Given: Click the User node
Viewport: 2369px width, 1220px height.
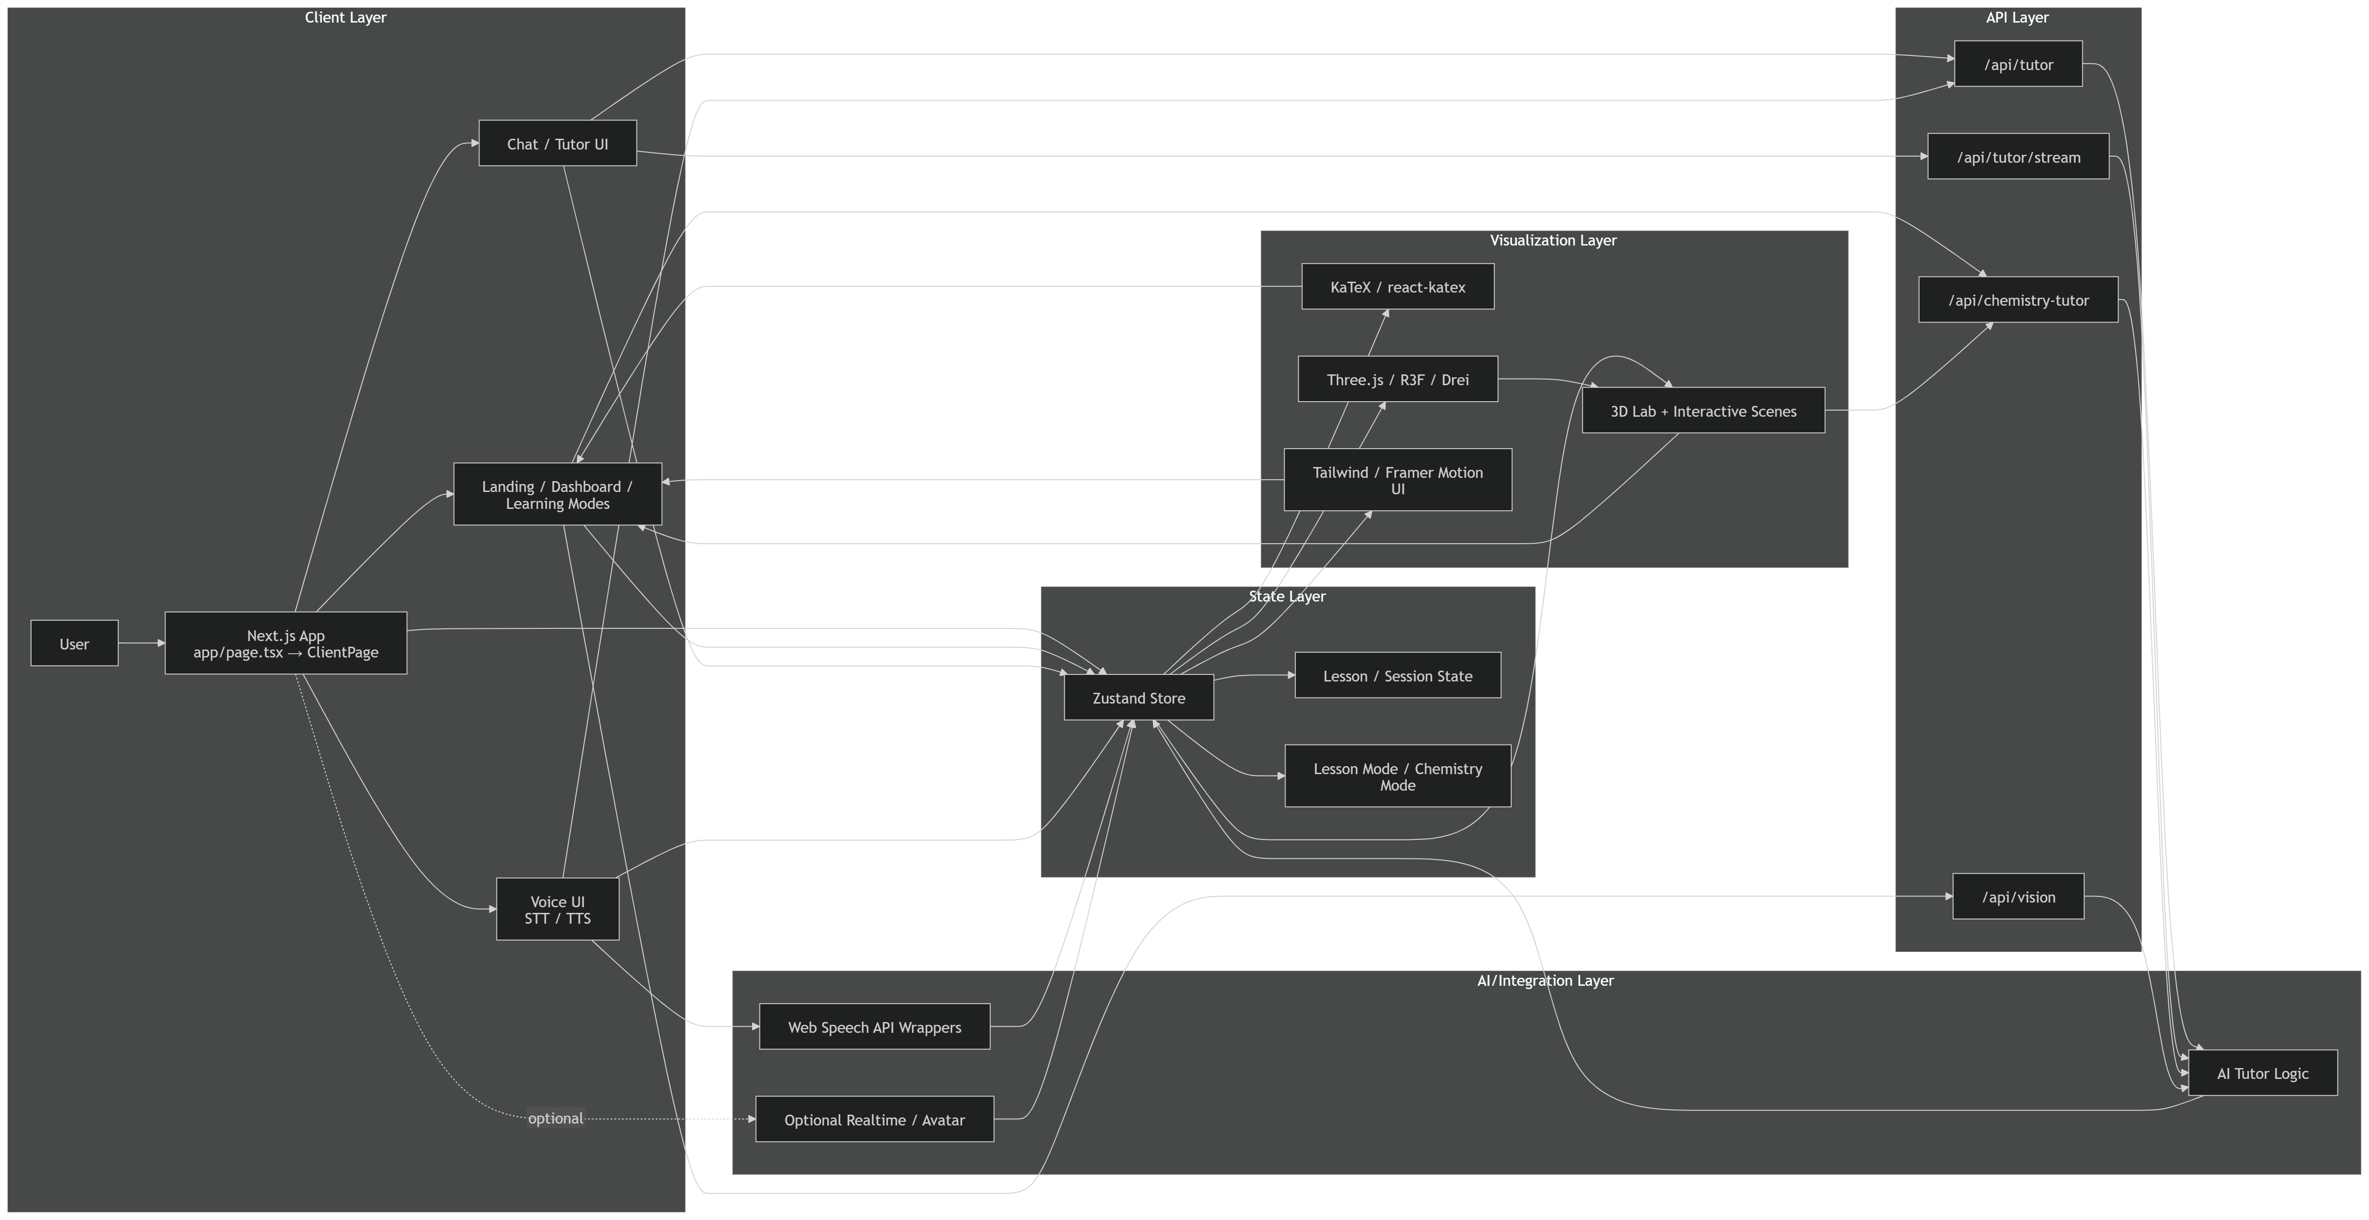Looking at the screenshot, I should click(74, 643).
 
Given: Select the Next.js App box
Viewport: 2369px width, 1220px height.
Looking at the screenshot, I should click(285, 643).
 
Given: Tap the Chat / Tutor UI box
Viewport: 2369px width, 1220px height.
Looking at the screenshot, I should click(557, 143).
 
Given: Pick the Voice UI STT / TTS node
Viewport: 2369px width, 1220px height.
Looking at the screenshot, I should click(557, 909).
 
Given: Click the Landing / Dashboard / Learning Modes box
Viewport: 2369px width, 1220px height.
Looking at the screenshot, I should click(557, 494).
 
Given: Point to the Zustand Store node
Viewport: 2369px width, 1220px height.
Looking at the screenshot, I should click(1138, 697).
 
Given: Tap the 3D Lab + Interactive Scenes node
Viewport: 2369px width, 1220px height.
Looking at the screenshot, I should click(1702, 410).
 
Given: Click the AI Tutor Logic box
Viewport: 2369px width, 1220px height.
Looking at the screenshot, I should click(2262, 1073).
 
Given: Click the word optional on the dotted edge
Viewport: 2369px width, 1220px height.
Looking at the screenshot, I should click(556, 1118).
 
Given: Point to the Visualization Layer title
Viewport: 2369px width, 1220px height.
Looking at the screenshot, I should click(1553, 240).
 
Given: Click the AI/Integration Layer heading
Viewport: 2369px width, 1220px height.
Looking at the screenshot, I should click(1545, 981).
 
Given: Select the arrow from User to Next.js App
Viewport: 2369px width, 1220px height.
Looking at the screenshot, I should click(141, 643).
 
